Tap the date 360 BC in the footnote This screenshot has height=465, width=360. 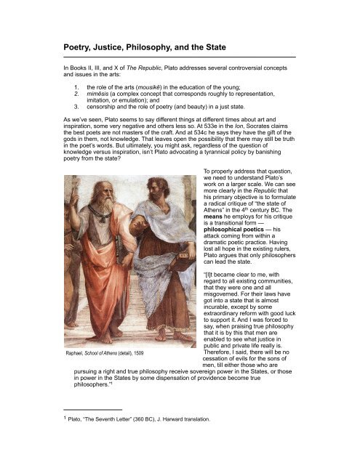128,440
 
